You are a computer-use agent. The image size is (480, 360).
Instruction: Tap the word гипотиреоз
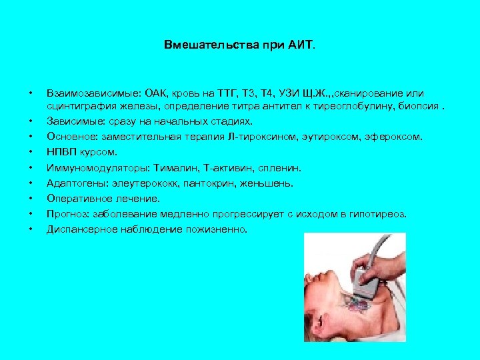tap(377, 214)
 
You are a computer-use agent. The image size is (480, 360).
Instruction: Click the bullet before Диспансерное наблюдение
tap(31, 229)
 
